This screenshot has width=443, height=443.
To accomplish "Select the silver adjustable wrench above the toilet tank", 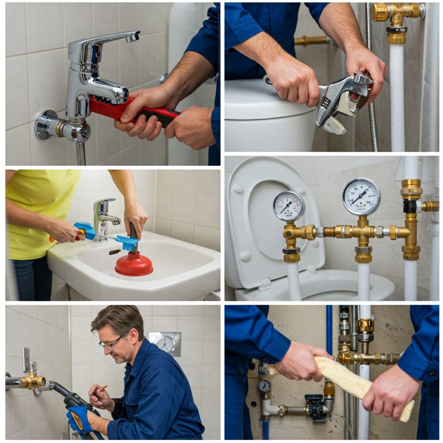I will [x=341, y=100].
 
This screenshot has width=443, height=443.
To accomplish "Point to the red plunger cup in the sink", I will [x=134, y=264].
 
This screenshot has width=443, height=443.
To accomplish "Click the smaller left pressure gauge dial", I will [x=289, y=206].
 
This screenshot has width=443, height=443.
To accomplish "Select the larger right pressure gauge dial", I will [x=361, y=196].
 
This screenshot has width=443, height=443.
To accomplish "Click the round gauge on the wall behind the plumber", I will [x=166, y=343].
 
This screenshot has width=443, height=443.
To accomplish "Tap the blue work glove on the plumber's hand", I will [x=80, y=419].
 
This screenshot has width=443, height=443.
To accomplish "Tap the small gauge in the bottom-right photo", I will [x=264, y=386].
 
